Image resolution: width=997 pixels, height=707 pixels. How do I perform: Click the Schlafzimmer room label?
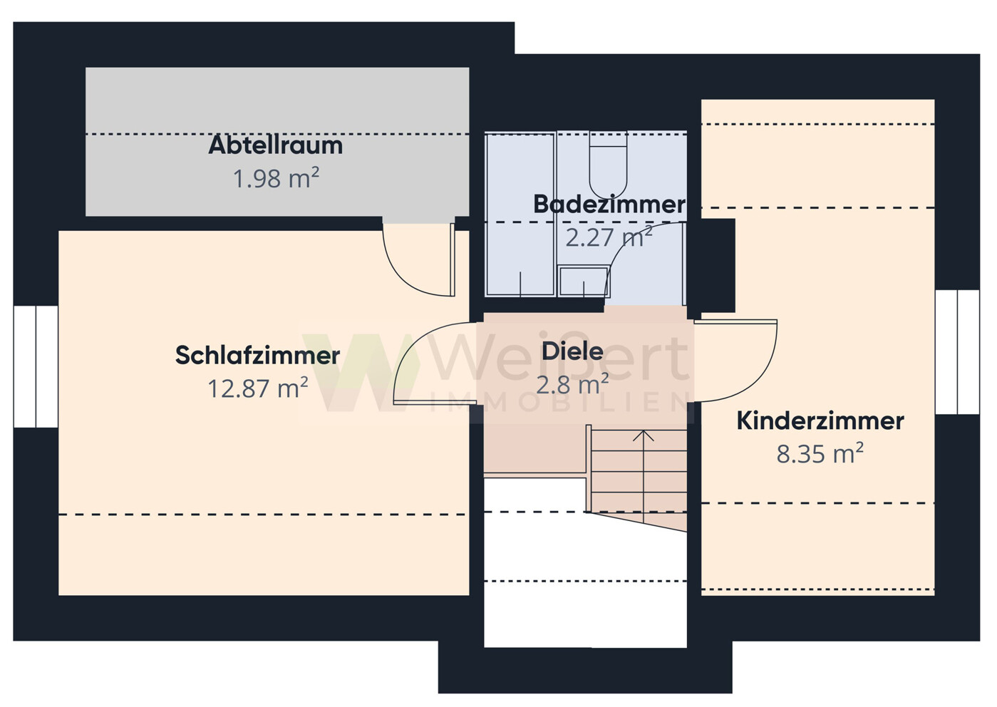(x=257, y=355)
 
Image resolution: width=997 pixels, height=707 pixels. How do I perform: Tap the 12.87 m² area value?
(x=257, y=388)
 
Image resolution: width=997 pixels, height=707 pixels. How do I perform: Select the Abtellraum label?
(x=275, y=145)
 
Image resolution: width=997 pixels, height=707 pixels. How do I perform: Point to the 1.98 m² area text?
(x=275, y=178)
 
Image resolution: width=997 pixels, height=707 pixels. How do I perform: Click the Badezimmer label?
(x=609, y=205)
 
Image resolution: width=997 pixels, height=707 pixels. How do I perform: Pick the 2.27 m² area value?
(x=609, y=237)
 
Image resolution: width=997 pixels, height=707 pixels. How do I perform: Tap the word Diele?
(x=572, y=351)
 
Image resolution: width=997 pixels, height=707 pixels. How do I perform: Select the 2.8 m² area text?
(x=572, y=385)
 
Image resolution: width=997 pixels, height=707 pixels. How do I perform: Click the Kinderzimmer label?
(x=820, y=420)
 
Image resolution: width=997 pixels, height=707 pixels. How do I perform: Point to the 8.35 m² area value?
(x=820, y=453)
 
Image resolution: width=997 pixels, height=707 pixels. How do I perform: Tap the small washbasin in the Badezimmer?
(x=583, y=282)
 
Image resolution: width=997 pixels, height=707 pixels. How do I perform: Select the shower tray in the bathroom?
(x=520, y=214)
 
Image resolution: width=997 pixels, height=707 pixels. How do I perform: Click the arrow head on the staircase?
(x=644, y=435)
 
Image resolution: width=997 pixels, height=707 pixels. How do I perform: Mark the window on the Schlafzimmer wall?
(x=36, y=366)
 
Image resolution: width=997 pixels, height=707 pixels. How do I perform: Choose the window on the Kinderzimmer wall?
(x=957, y=352)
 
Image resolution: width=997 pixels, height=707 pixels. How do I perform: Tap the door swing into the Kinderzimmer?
(x=741, y=360)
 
